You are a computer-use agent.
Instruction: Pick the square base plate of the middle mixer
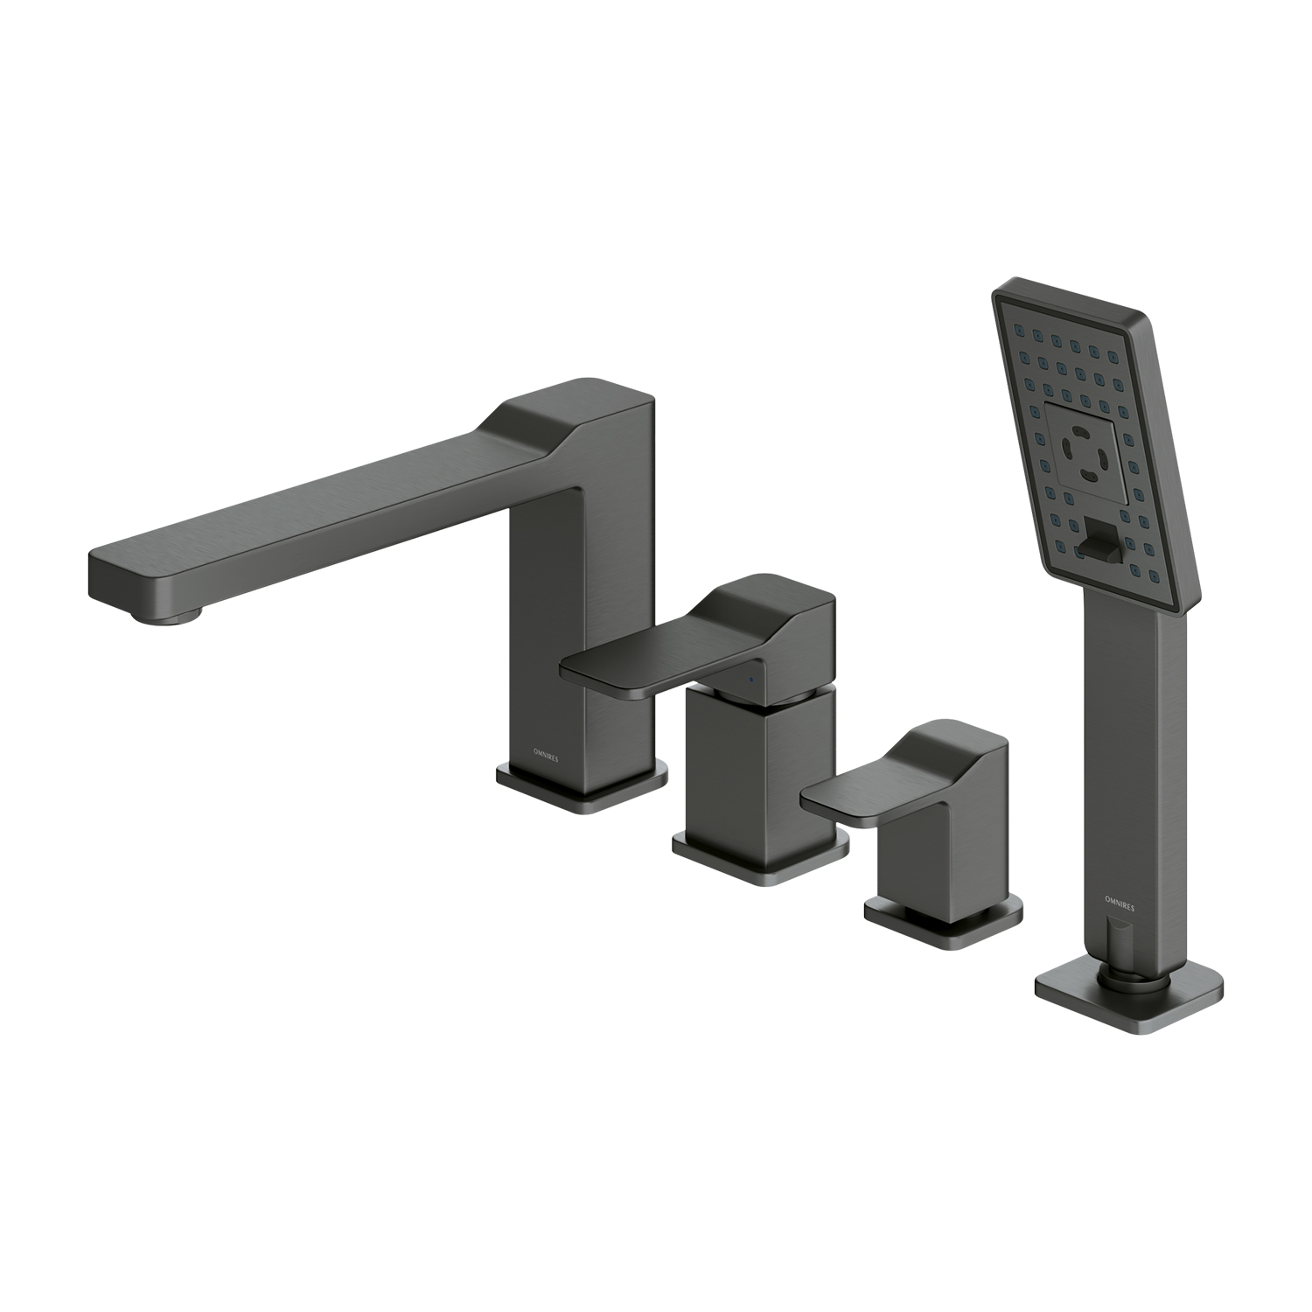pyautogui.click(x=759, y=853)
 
